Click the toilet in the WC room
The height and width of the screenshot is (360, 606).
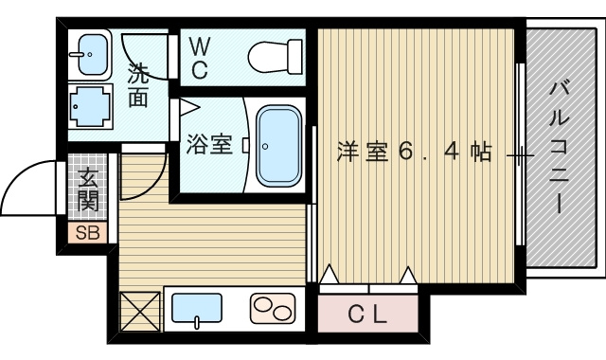coord(276,57)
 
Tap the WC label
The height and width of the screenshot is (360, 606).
coord(200,59)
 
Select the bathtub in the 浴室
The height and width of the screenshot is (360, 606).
coord(279,146)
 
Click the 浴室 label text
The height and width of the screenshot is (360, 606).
coord(209,144)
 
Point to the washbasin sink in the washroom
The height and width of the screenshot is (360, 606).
coord(93,54)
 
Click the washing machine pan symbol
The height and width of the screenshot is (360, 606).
coord(91,106)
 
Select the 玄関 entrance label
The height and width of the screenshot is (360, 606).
coord(88,189)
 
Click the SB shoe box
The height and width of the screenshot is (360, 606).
coord(88,233)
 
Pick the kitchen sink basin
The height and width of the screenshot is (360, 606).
coord(197,308)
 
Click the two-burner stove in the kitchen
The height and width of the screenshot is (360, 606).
coord(273,308)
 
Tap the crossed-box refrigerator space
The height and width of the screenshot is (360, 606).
coord(140,312)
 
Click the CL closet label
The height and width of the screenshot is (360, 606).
coord(367,314)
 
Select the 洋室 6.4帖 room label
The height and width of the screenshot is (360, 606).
coord(415,152)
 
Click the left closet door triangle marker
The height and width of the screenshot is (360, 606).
coord(330,274)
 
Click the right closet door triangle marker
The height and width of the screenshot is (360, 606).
coord(408,275)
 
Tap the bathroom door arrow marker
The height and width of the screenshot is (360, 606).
coord(188,107)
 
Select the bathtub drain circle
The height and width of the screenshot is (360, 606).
coord(265,146)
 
